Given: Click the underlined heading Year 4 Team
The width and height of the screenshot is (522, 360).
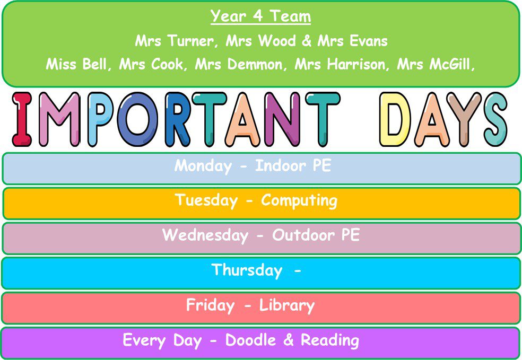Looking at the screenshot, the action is coord(260,16).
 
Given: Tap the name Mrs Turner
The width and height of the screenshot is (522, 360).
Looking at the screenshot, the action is coord(174,41).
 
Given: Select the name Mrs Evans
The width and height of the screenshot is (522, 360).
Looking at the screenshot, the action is coord(353,41).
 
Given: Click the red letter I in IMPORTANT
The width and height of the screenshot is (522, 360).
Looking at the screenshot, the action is coord(22,119).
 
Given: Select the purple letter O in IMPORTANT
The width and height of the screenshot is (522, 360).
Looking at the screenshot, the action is coord(137,119).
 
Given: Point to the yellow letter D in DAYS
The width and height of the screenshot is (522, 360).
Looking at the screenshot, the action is coord(395,119).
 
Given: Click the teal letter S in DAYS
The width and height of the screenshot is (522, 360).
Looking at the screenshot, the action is coord(495,119).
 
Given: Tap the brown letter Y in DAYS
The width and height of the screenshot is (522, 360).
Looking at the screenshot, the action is coord(464,119).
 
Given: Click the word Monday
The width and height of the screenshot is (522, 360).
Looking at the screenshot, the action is coord(203,166).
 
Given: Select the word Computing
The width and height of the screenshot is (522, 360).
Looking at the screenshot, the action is coord(299,201).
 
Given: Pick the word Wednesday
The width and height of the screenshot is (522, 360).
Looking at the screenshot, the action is coord(205,235).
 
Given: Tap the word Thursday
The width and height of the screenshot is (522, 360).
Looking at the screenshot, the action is coord(247,270).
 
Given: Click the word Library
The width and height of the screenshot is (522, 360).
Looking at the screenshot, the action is coord(286,306).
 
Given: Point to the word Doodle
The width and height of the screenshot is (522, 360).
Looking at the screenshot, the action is coord(251,340).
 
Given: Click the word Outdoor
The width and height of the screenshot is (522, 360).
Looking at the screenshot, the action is coord(303,235).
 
